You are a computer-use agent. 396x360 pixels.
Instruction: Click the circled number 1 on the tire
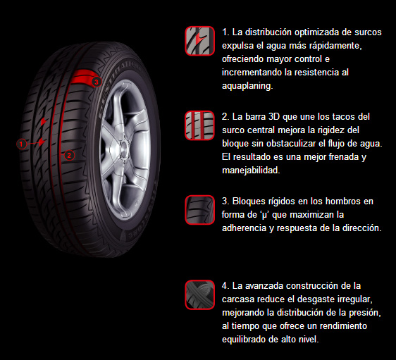click(x=21, y=143)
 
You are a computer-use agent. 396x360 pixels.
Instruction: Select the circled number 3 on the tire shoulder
click(x=97, y=82)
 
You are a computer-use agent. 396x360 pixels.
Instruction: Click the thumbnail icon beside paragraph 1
click(x=199, y=41)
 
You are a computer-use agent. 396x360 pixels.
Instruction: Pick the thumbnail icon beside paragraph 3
click(x=199, y=209)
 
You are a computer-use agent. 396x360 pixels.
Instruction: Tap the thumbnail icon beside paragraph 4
click(x=199, y=294)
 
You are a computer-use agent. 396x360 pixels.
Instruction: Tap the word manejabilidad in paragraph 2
click(x=251, y=170)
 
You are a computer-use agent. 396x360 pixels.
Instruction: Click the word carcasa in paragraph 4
click(x=240, y=299)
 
